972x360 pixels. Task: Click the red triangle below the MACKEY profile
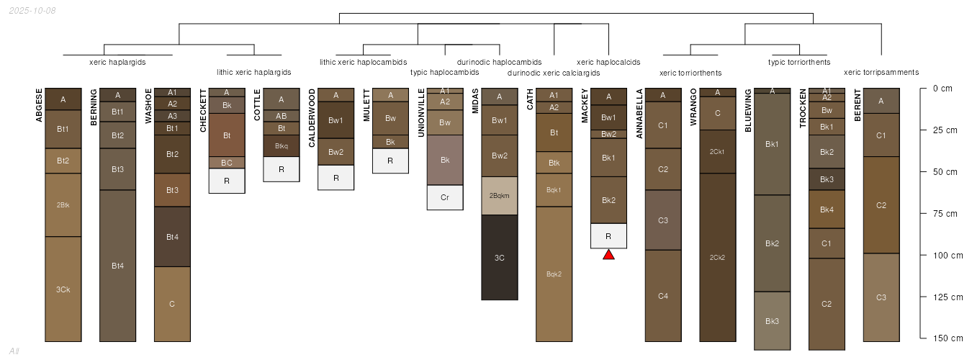click(x=608, y=255)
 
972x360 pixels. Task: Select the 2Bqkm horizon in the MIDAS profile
click(x=500, y=196)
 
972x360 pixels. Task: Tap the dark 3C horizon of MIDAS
click(x=500, y=257)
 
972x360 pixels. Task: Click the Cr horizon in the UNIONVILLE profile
click(x=445, y=197)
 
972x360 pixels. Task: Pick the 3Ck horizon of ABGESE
click(x=63, y=289)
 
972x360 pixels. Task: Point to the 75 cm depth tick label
click(x=945, y=213)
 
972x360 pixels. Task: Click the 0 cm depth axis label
click(x=942, y=89)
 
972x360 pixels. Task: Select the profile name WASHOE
click(x=148, y=106)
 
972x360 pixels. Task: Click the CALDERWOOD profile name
click(x=312, y=118)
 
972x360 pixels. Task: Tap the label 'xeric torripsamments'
click(x=881, y=73)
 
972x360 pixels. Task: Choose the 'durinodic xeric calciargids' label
click(x=554, y=73)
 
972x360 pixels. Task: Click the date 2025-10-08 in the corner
click(x=32, y=10)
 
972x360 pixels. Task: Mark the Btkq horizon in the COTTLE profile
click(x=282, y=145)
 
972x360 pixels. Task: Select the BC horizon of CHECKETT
click(x=227, y=163)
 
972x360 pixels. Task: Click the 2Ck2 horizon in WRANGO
click(x=717, y=257)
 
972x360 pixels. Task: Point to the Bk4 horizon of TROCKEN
click(x=827, y=210)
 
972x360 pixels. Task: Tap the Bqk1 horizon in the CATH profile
click(x=554, y=190)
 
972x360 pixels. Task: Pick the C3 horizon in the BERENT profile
click(x=881, y=297)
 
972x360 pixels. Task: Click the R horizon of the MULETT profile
click(x=390, y=161)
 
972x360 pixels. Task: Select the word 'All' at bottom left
click(x=14, y=351)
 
